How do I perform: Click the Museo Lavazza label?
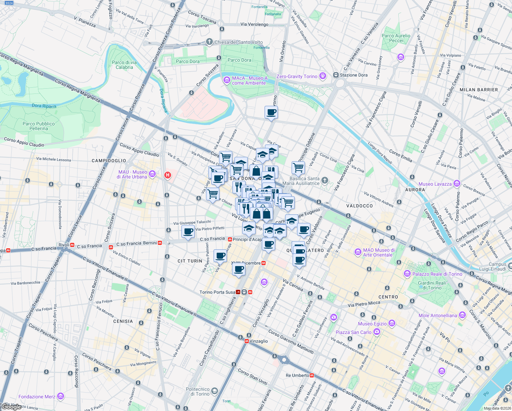click(435, 184)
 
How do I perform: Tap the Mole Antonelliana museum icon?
click(462, 315)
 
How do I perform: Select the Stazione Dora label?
click(354, 75)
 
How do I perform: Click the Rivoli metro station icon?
click(72, 245)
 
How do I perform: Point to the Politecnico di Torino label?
click(197, 391)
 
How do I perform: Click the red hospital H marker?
click(167, 175)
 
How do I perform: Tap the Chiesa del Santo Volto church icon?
click(209, 42)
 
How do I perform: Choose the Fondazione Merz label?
click(37, 397)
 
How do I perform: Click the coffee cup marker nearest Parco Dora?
click(271, 112)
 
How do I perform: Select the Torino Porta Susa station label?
click(217, 292)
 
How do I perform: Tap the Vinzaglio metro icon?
click(247, 341)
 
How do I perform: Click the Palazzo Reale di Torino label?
click(437, 274)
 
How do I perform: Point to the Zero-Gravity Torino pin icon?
click(322, 76)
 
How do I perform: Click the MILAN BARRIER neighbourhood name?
click(478, 90)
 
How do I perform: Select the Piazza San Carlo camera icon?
click(377, 332)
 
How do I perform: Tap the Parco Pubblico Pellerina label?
click(38, 126)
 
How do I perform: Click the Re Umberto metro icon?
click(312, 375)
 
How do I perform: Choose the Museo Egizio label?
click(372, 324)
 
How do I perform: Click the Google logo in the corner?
click(11, 407)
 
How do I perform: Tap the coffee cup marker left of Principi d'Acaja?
click(188, 232)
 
